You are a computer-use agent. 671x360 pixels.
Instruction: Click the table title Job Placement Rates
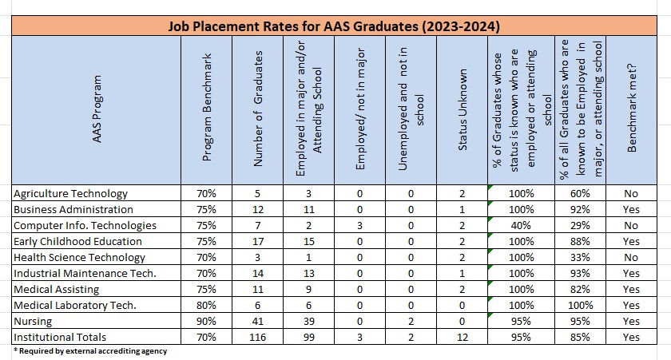[335, 26]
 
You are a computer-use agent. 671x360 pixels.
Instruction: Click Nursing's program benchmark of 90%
[207, 321]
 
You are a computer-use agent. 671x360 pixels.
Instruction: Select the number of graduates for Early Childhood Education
[258, 241]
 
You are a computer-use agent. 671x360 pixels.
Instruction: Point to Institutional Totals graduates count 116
[258, 337]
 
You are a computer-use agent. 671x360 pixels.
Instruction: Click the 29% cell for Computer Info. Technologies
[581, 225]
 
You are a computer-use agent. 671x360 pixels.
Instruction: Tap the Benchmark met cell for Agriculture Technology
[631, 193]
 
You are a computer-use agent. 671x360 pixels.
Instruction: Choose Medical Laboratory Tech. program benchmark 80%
[207, 305]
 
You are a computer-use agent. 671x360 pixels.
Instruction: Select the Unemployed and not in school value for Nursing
[411, 321]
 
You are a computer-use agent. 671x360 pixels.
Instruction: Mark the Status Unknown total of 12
[463, 337]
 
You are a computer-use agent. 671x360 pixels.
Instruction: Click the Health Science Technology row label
[80, 257]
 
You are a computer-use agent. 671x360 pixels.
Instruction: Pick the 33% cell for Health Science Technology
[581, 257]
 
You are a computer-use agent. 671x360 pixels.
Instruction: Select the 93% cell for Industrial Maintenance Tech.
[581, 273]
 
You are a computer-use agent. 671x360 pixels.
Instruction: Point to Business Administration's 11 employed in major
[308, 209]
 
